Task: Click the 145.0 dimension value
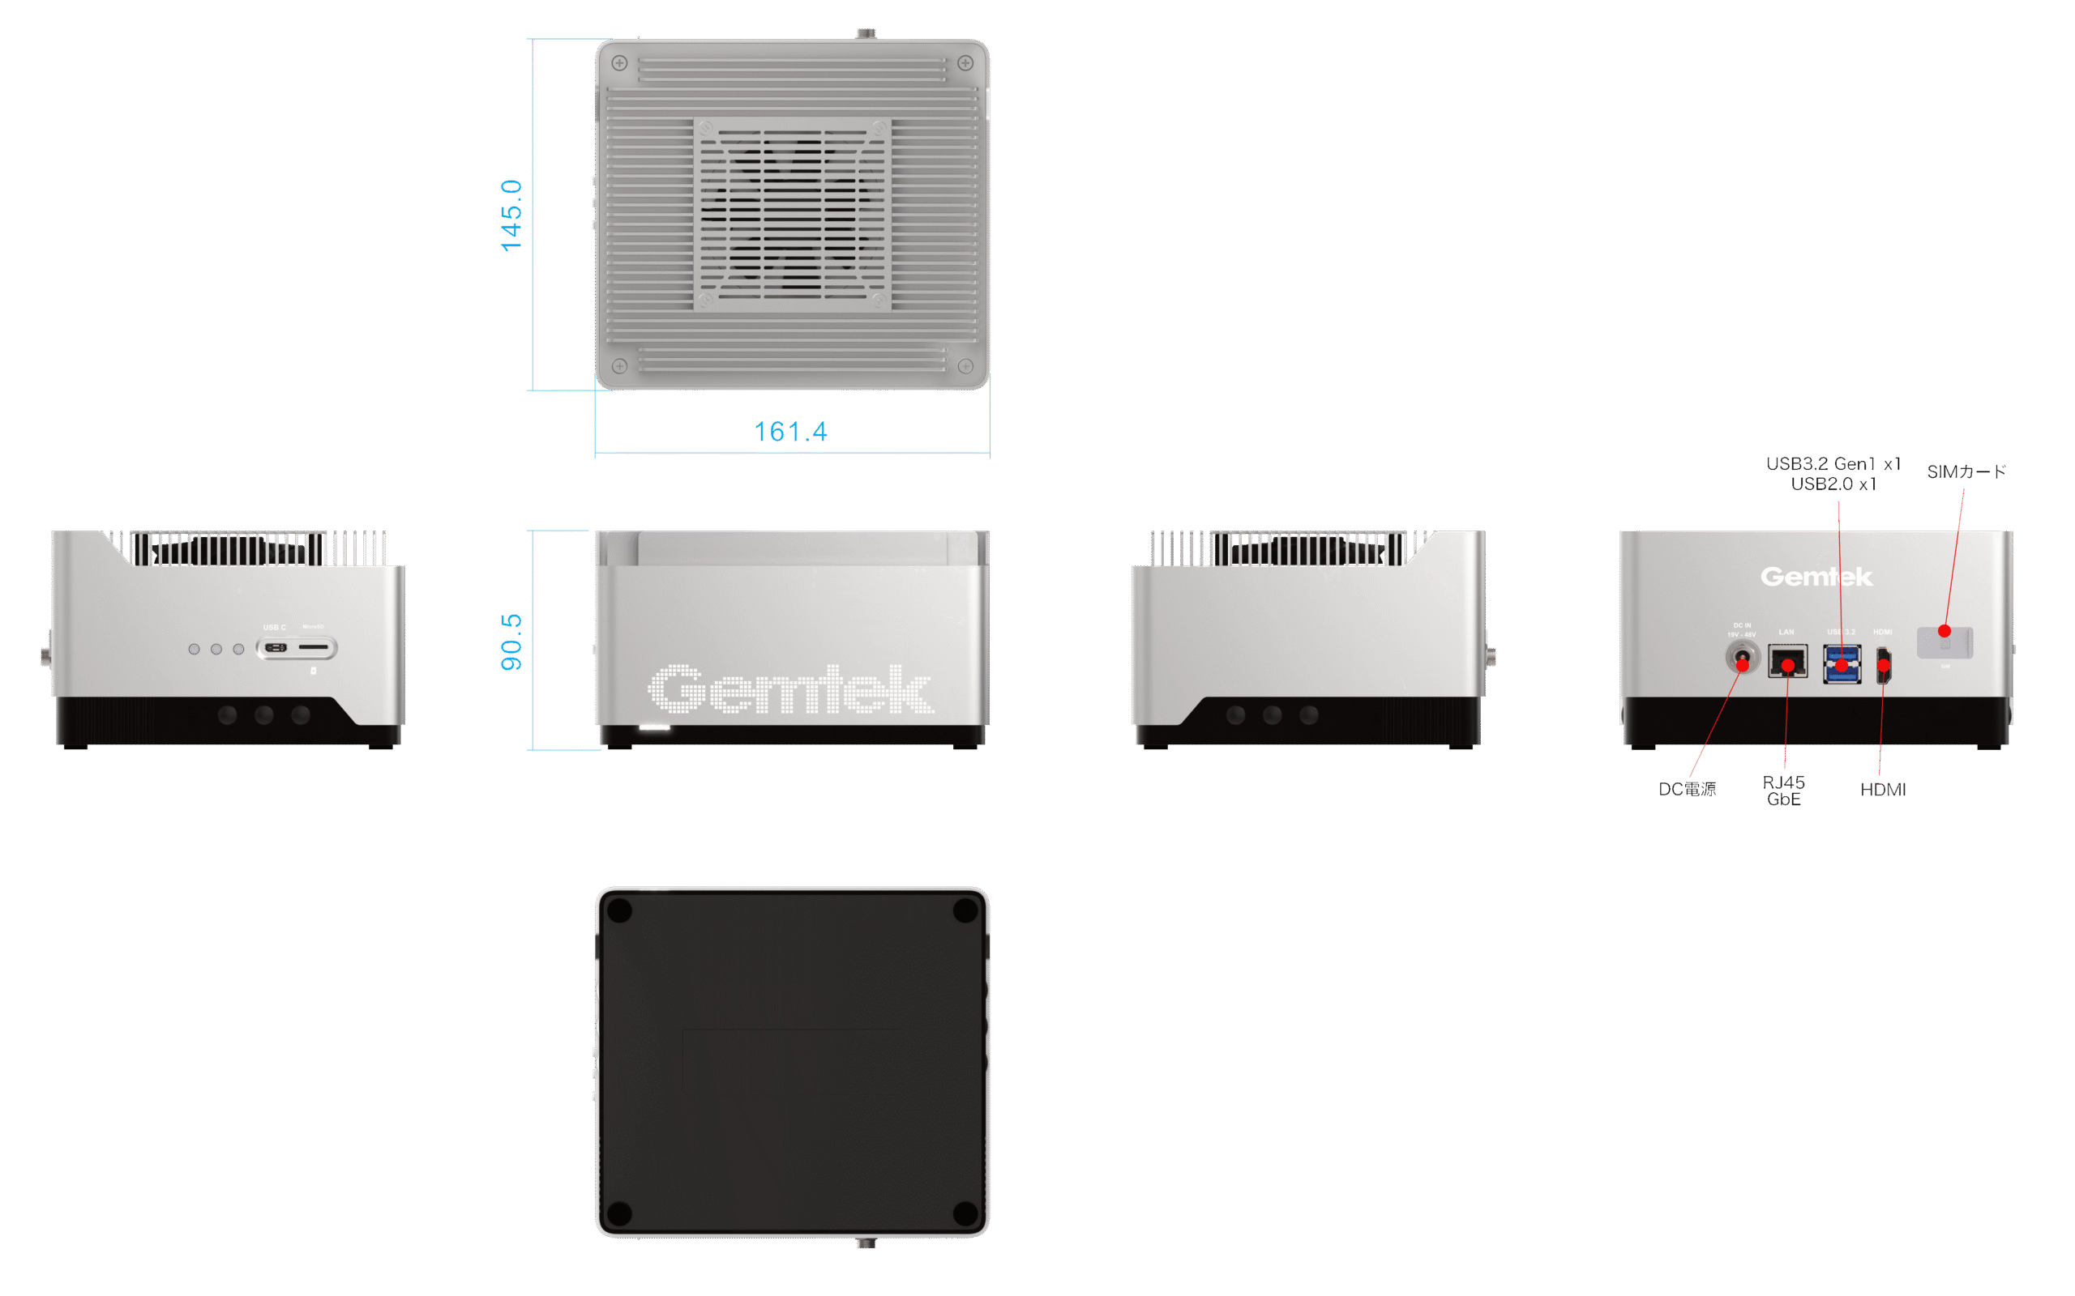click(x=511, y=215)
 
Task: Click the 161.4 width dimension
click(x=790, y=431)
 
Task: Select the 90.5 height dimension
click(x=511, y=642)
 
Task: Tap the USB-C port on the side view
click(x=275, y=648)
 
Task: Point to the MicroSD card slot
click(x=314, y=647)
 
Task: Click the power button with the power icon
click(x=313, y=671)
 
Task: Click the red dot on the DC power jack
click(x=1743, y=664)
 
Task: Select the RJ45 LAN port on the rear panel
click(x=1788, y=663)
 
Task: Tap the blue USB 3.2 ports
click(x=1842, y=664)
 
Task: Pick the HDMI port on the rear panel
click(x=1884, y=666)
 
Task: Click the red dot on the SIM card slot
click(x=1945, y=632)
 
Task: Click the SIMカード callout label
click(x=1966, y=471)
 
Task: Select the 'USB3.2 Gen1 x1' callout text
click(x=1833, y=463)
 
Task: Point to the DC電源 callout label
click(x=1687, y=790)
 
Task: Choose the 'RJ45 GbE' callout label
click(x=1783, y=791)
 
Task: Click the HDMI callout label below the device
click(x=1883, y=790)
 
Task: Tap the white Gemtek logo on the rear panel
click(x=1816, y=577)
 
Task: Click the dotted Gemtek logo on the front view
click(x=790, y=689)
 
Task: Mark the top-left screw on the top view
click(x=620, y=63)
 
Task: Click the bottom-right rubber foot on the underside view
click(x=965, y=1213)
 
